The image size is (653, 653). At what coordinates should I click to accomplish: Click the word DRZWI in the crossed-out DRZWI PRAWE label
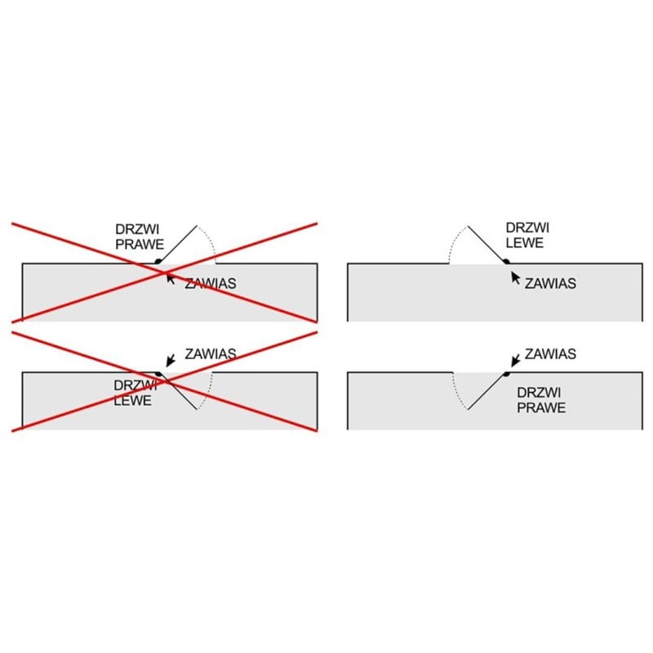[x=137, y=229]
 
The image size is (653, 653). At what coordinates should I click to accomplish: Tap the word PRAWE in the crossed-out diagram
[x=140, y=244]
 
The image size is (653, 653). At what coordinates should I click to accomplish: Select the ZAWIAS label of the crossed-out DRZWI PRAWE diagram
[x=211, y=283]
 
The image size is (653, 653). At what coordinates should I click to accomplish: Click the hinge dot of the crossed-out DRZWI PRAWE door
[x=158, y=261]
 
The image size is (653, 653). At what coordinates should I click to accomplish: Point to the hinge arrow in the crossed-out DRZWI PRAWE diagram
[x=171, y=278]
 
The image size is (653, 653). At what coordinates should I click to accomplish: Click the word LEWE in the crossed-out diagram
[x=132, y=401]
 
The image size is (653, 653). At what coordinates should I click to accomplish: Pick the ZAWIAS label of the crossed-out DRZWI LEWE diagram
[x=211, y=354]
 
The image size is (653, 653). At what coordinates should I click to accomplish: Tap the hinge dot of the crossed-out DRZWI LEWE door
[x=158, y=374]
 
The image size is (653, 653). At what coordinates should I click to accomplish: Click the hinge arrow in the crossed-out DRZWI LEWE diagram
[x=171, y=361]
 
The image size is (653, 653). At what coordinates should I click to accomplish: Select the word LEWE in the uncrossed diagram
[x=525, y=242]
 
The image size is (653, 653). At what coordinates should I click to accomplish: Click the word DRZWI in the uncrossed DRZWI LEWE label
[x=527, y=228]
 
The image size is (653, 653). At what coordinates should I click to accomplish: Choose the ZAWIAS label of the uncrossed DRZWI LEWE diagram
[x=550, y=283]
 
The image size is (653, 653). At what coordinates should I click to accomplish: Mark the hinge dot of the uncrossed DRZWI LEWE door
[x=506, y=261]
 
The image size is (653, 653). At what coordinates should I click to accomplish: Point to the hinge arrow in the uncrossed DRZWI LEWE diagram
[x=516, y=278]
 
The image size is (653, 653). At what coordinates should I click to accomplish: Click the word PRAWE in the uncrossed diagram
[x=541, y=407]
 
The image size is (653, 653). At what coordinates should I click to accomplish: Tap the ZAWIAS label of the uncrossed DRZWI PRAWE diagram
[x=550, y=354]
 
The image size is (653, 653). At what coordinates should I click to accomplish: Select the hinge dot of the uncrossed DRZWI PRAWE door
[x=506, y=374]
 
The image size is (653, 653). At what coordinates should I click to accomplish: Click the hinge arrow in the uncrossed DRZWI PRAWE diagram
[x=516, y=361]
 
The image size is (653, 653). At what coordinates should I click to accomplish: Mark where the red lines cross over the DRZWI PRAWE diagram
[x=164, y=273]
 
